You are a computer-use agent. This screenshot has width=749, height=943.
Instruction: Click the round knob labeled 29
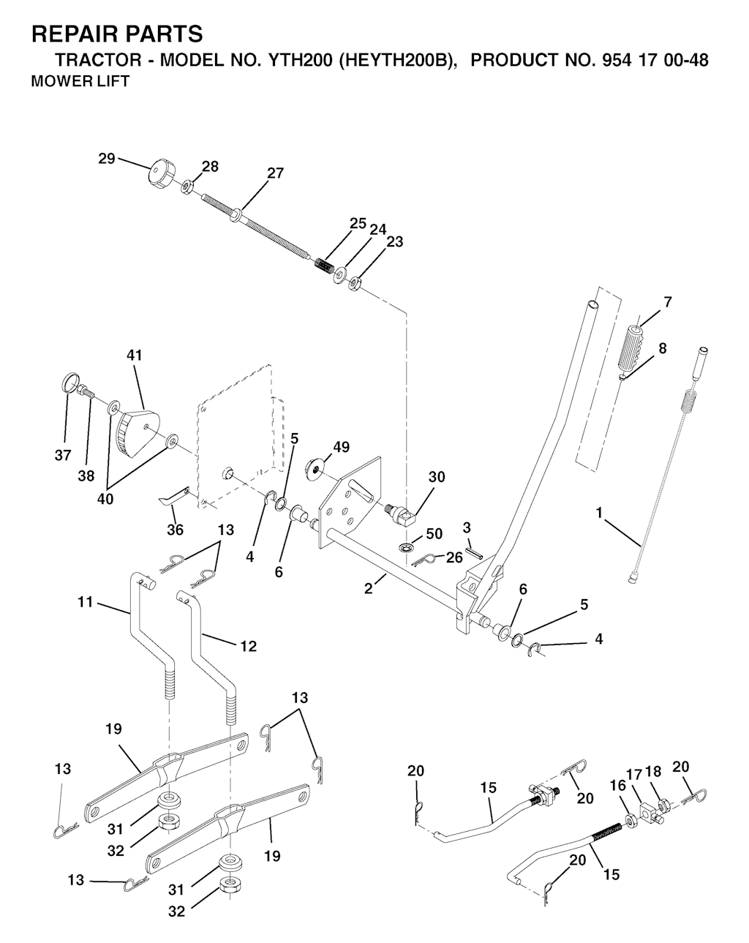[159, 176]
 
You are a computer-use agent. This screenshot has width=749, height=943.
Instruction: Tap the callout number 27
[275, 173]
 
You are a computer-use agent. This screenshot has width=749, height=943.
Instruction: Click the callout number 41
[135, 356]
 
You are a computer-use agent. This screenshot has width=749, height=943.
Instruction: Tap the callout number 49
[341, 447]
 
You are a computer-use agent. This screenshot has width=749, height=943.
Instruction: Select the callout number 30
[436, 477]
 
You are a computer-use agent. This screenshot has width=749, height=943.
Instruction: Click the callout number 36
[175, 529]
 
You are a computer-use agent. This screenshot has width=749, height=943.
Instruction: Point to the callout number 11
[86, 602]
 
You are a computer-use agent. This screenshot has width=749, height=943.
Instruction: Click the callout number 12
[248, 646]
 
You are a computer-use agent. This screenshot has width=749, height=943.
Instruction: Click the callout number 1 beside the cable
[600, 514]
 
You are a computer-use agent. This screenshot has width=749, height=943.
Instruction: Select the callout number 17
[633, 774]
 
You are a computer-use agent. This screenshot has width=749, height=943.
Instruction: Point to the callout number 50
[434, 533]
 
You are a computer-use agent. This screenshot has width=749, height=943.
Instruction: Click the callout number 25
[358, 223]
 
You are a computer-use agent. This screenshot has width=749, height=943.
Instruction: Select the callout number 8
[662, 348]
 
